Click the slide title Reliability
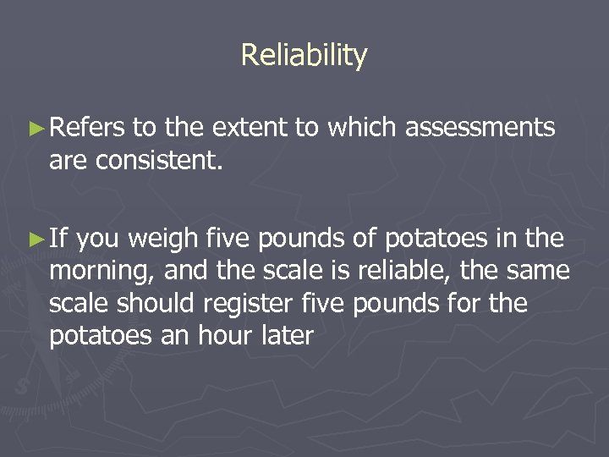point(304,56)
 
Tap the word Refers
point(88,128)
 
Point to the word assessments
point(480,128)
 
